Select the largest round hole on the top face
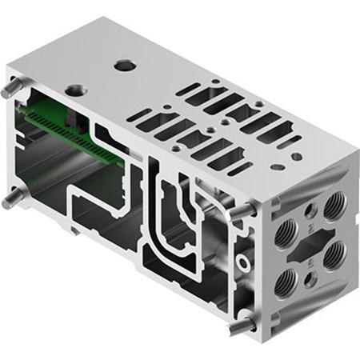(x=123, y=65)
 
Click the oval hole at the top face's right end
(x=276, y=168)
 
